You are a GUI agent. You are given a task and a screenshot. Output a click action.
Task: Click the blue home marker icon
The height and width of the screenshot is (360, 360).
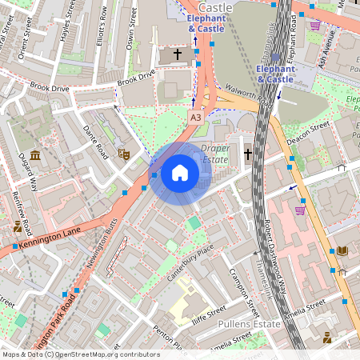tap(180, 173)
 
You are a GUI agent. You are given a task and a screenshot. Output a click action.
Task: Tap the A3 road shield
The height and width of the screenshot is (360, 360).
tap(195, 118)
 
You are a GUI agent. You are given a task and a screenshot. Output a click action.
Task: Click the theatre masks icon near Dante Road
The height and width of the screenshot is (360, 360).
tap(123, 153)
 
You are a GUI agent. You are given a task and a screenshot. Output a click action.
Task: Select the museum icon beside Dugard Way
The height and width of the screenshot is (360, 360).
tap(35, 154)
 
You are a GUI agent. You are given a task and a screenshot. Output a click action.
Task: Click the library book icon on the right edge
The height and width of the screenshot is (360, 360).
tap(342, 251)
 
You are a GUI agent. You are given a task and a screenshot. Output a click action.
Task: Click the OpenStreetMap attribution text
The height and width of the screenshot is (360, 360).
tap(80, 354)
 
